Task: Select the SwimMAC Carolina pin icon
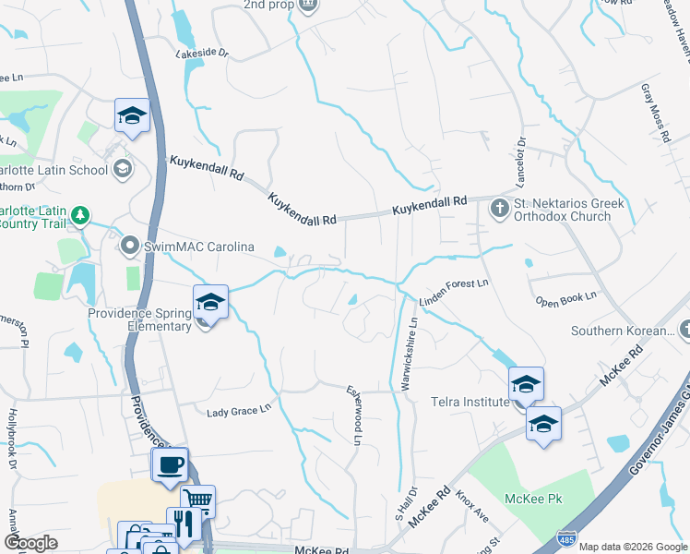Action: (130, 246)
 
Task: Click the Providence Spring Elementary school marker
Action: (210, 303)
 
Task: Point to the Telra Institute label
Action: (470, 402)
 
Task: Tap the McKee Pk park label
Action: (533, 500)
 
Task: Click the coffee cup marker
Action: (171, 465)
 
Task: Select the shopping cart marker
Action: (197, 501)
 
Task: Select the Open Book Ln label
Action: (566, 299)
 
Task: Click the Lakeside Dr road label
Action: (202, 54)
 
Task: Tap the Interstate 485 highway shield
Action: (566, 536)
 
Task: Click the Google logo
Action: (30, 543)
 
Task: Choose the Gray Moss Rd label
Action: (655, 114)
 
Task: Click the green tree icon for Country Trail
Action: (81, 216)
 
